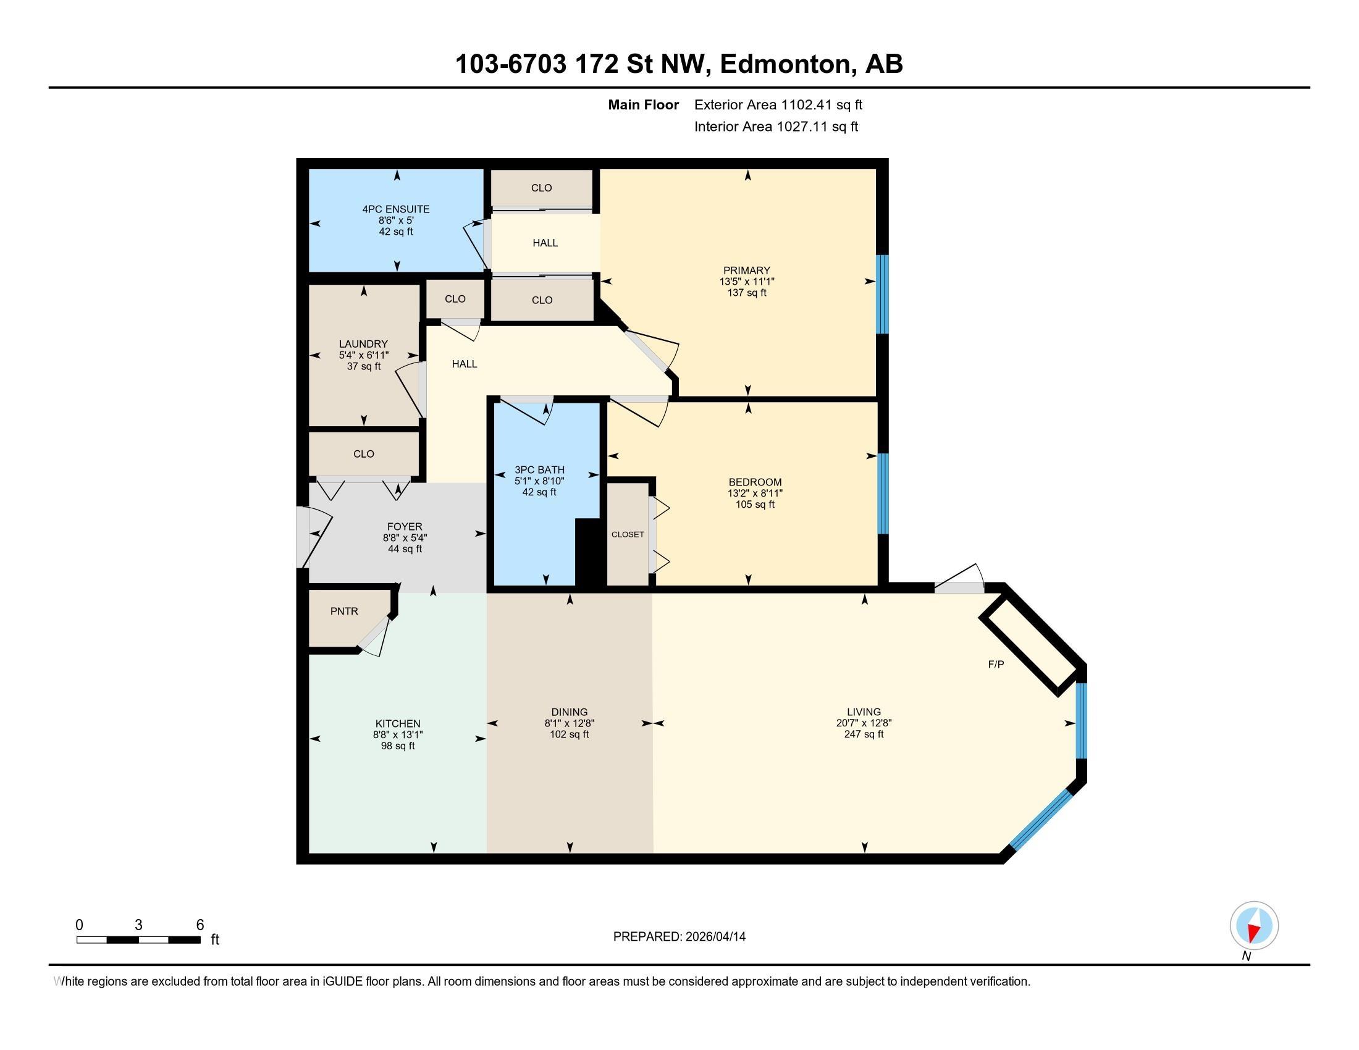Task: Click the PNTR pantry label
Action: coord(344,611)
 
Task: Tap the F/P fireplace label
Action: coord(996,665)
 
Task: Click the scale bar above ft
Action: coord(138,939)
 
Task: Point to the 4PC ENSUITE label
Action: coord(396,209)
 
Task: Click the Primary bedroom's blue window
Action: coord(881,294)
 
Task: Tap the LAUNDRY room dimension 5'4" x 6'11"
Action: coord(364,355)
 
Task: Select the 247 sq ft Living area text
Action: coord(864,734)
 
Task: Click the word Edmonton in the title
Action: coord(785,64)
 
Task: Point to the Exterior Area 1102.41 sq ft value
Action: coord(778,104)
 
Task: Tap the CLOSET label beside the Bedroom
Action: coord(628,534)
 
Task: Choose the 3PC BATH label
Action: coord(539,469)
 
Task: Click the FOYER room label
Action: coord(405,527)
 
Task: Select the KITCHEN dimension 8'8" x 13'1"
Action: coord(398,734)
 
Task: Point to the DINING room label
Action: coord(570,712)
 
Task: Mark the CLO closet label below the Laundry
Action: coord(364,454)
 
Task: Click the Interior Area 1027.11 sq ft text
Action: coord(776,126)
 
